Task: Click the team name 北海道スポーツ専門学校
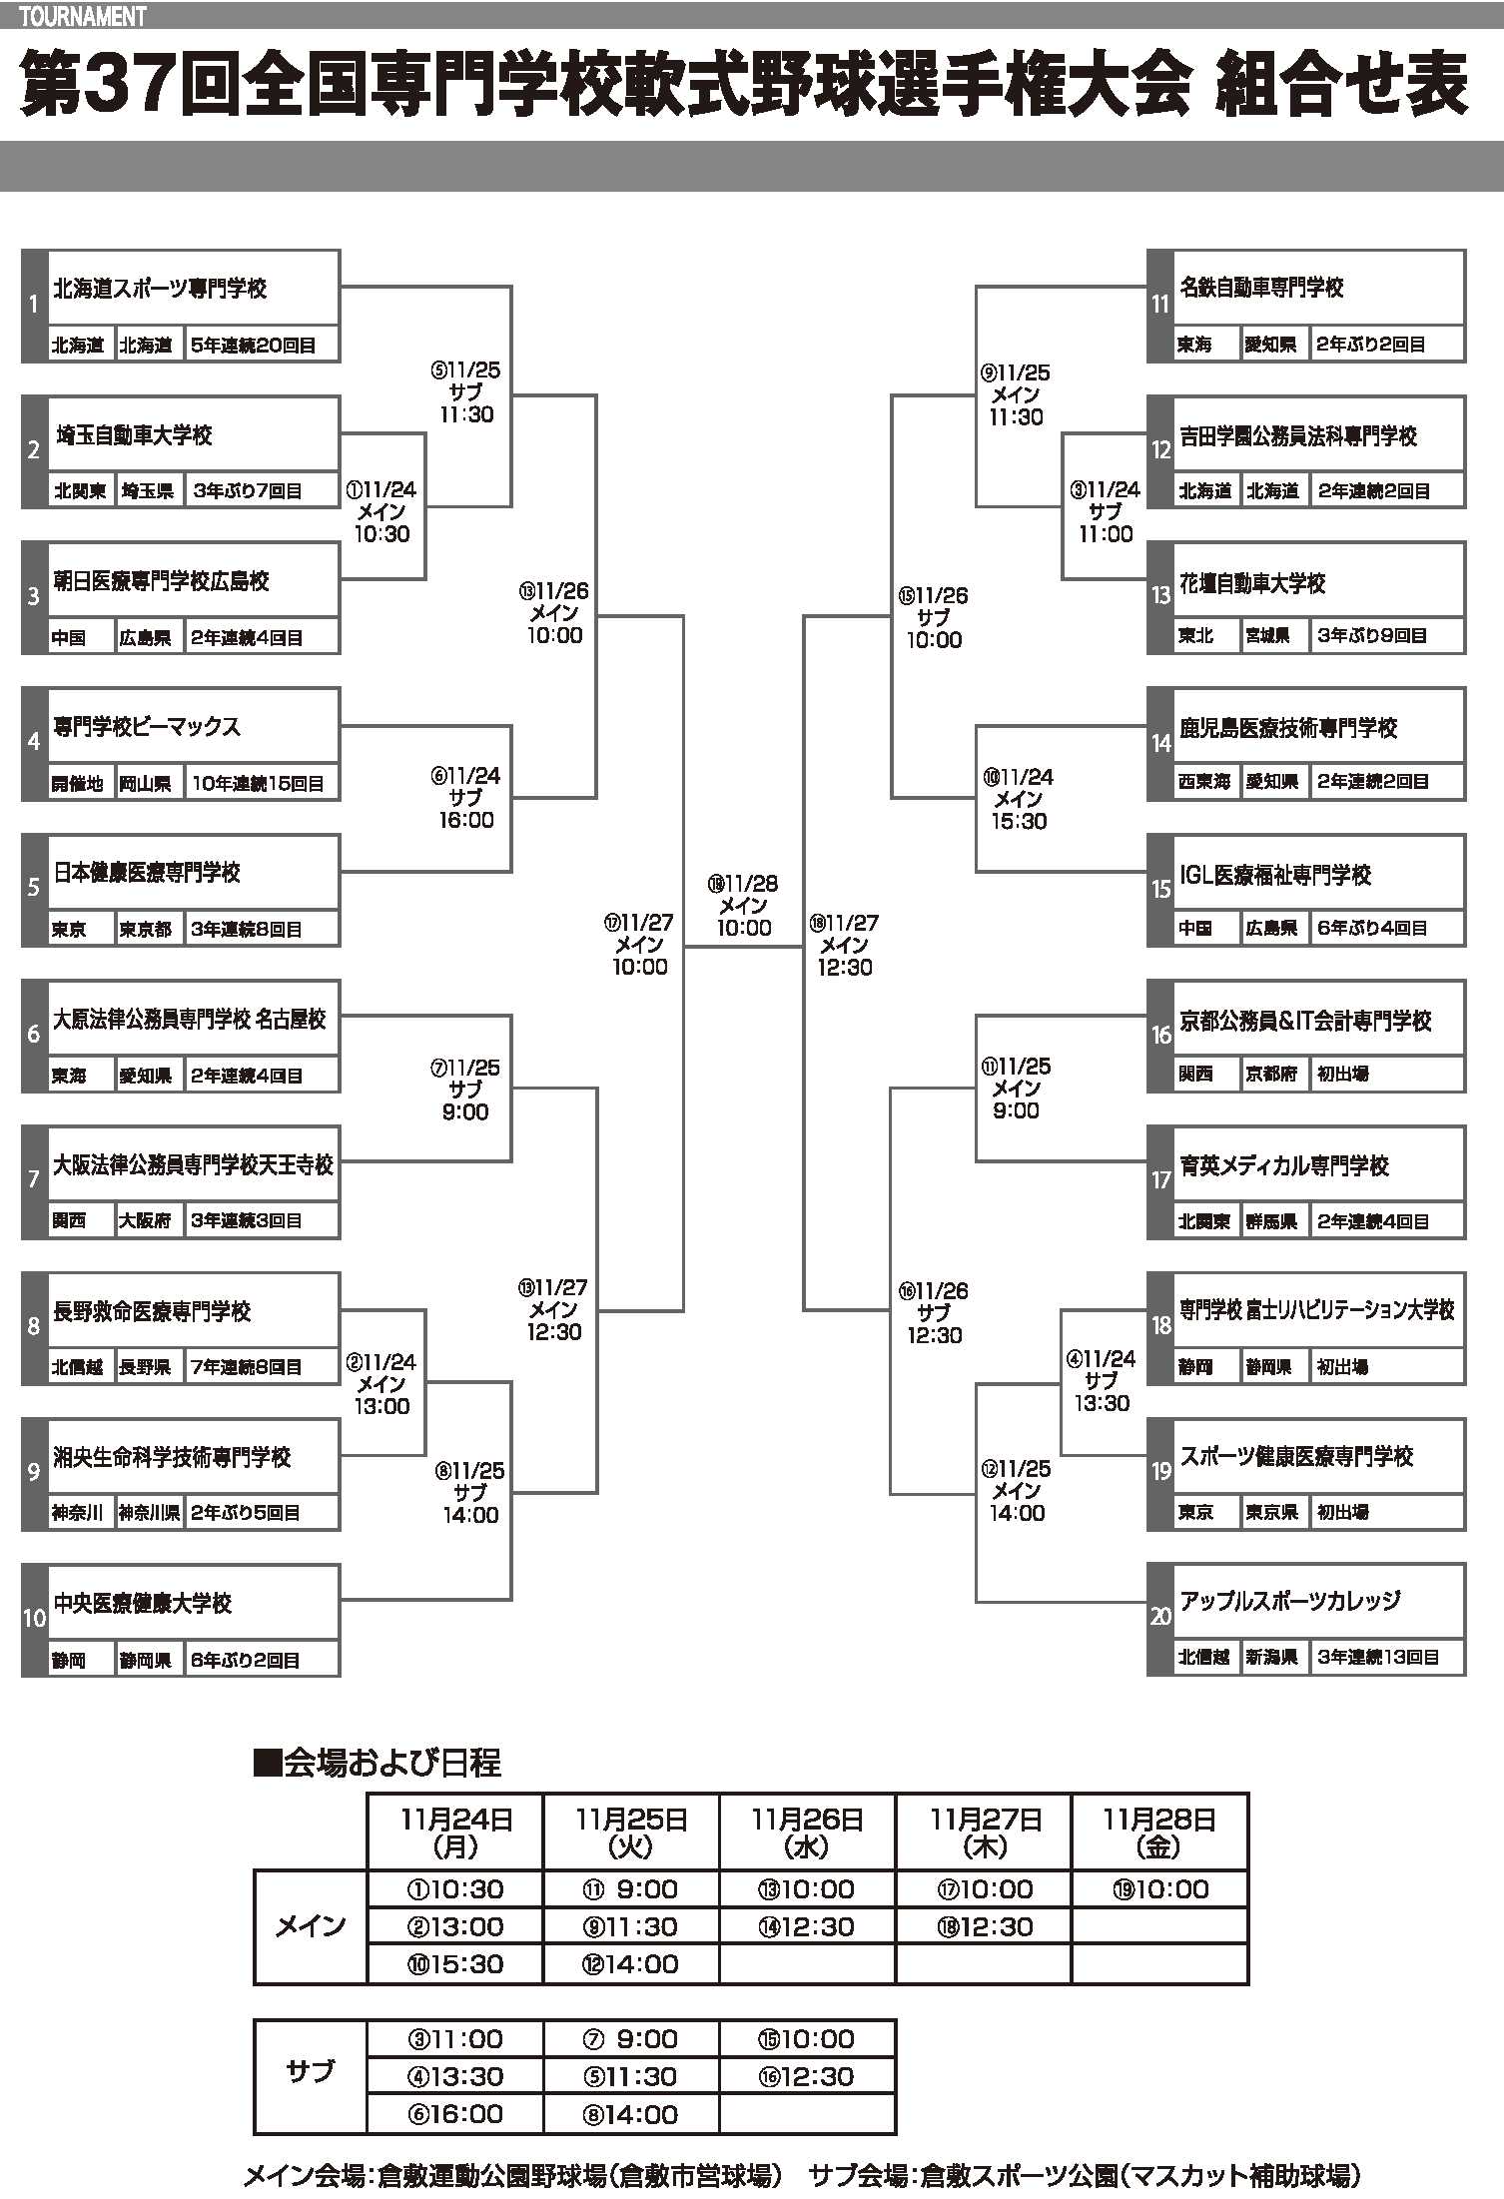coord(160,289)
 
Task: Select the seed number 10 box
coord(34,1618)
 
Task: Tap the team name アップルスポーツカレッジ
coord(1289,1601)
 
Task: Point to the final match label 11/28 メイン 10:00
coord(744,906)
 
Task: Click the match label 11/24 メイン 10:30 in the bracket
coord(381,511)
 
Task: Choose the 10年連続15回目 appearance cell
coord(258,784)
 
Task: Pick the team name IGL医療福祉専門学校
coord(1275,875)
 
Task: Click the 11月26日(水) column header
coord(807,1832)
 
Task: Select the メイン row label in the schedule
coord(310,1926)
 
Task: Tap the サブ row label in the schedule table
coord(310,2076)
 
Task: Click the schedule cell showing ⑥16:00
coord(455,2114)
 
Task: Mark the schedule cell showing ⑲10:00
coord(1158,1889)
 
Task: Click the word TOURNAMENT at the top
coord(82,16)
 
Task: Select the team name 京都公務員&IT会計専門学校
coord(1305,1021)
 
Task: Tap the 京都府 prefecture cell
coord(1271,1075)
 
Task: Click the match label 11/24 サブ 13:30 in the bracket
coord(1103,1380)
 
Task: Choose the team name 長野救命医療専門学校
coord(152,1311)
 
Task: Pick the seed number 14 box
coord(1160,743)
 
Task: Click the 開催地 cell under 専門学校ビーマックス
coord(78,784)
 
